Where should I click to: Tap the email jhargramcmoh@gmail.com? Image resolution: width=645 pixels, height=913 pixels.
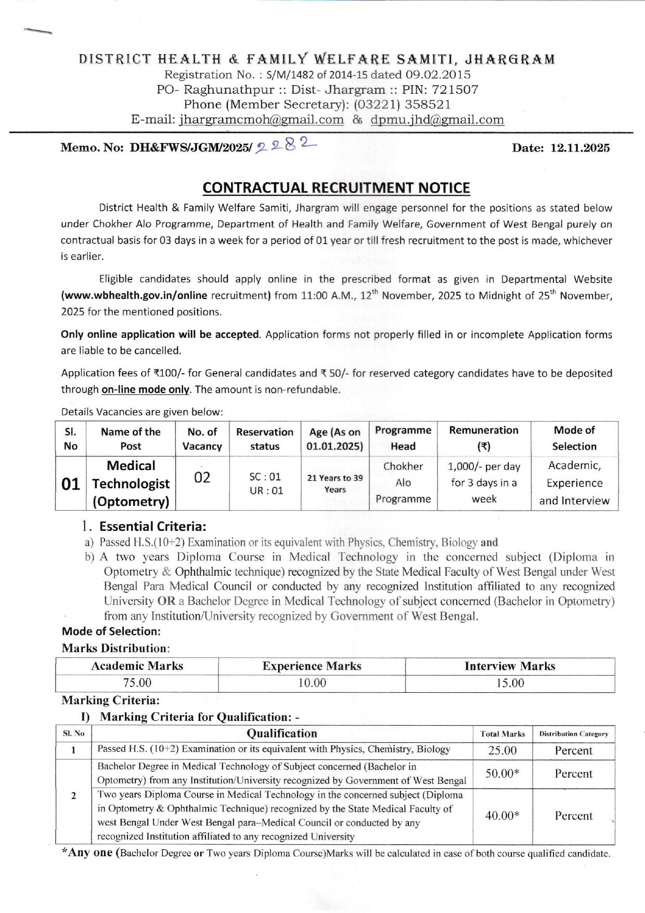(x=261, y=120)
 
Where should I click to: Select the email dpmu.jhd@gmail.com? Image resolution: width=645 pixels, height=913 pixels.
(x=437, y=120)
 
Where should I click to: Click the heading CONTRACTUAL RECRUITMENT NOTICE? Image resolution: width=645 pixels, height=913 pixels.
(x=336, y=188)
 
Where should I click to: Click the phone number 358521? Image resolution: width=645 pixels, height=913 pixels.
(x=428, y=105)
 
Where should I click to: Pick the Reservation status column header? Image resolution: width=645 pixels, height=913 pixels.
(x=265, y=439)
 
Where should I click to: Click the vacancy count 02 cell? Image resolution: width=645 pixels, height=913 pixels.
(x=202, y=477)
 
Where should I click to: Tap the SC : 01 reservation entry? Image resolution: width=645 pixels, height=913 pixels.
(x=265, y=476)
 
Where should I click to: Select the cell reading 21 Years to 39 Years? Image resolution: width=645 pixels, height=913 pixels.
(x=335, y=484)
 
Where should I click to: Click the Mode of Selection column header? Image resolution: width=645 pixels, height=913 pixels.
(x=574, y=438)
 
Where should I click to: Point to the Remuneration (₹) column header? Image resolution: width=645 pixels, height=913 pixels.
(x=484, y=438)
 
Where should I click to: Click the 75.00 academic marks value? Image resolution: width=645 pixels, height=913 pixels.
(x=137, y=683)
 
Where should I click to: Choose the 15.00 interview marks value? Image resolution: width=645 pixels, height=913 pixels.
(x=510, y=683)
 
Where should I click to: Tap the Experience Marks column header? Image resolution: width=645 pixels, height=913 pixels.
(x=312, y=666)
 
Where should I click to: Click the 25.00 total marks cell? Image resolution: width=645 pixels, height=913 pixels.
(x=502, y=751)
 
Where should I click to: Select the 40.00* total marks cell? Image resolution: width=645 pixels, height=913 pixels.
(x=502, y=816)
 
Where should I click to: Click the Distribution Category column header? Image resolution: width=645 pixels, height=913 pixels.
(x=573, y=734)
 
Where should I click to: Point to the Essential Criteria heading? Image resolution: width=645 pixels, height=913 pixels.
(x=152, y=527)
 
